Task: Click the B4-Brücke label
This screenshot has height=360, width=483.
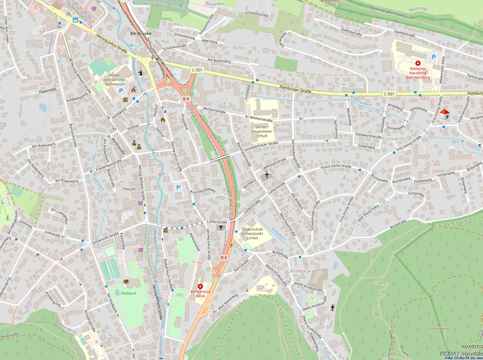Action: pos(140,34)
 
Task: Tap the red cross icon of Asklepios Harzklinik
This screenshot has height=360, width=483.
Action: pos(418,63)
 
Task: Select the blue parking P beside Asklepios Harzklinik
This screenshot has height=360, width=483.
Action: pos(434,57)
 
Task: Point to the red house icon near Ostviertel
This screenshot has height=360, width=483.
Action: pos(445,113)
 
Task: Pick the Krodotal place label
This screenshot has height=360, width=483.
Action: pos(301,270)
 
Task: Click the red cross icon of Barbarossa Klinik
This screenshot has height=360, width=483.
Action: pos(200,286)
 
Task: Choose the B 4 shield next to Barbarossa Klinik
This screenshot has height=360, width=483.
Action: pos(223,257)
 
